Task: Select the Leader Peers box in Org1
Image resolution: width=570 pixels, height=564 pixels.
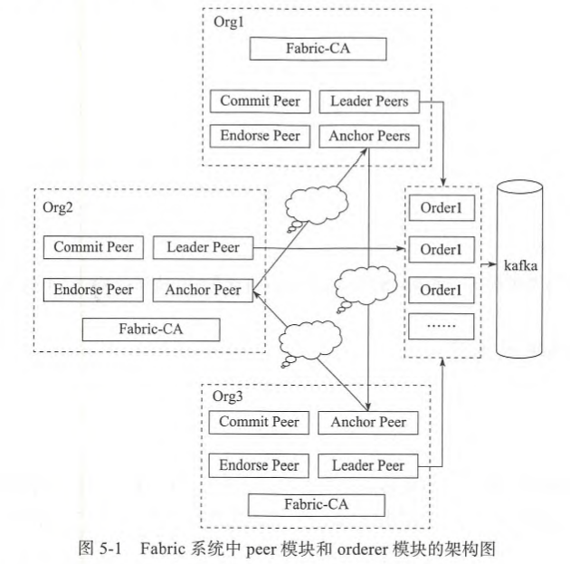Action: coord(369,101)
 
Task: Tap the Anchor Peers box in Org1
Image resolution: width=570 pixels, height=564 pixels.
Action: coord(369,137)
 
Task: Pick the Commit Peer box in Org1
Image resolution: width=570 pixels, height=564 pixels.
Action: coord(260,101)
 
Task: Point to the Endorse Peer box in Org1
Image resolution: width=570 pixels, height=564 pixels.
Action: coord(260,137)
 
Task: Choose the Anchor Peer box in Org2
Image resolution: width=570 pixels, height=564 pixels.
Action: coord(203,290)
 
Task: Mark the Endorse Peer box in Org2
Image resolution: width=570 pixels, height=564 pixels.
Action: coord(93,290)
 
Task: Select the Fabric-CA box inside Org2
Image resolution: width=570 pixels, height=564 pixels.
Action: coord(150,328)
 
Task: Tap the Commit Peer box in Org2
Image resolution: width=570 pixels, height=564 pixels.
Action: coord(93,246)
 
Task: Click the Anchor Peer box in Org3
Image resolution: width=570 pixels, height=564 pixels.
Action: coord(368,423)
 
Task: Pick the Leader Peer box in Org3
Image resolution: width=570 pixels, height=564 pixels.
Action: coord(367,466)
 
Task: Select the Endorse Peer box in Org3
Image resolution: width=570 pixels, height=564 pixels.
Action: coord(259,466)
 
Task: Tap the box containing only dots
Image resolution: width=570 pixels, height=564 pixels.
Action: coord(441,323)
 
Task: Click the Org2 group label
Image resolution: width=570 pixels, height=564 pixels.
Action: coord(57,206)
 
